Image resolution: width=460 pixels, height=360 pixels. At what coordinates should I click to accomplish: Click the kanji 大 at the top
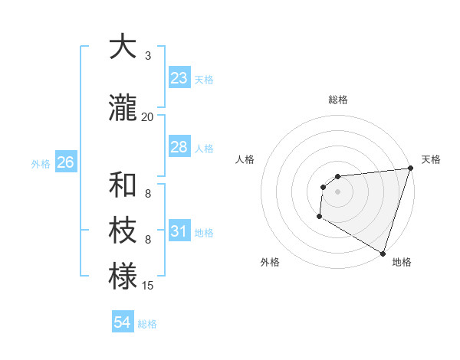point(123,47)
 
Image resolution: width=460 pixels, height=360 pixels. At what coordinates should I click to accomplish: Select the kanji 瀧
point(123,109)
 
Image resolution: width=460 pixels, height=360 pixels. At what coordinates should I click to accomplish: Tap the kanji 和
point(123,185)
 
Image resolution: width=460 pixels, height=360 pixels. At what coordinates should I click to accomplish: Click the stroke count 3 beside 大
point(147,56)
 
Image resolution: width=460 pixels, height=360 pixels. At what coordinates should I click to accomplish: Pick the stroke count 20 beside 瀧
point(147,117)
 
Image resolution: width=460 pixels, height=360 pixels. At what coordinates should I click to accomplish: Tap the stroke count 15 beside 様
point(148,286)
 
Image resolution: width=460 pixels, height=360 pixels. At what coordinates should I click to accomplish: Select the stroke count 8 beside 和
point(147,194)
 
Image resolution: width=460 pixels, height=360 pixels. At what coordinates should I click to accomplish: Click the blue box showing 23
point(179,78)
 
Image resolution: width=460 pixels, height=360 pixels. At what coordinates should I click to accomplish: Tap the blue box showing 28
point(179,147)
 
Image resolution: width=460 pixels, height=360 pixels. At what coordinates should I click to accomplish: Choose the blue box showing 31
point(179,231)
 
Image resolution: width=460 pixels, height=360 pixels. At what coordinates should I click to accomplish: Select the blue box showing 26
point(65,162)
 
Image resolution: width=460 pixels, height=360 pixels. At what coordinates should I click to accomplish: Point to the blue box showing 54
point(122,323)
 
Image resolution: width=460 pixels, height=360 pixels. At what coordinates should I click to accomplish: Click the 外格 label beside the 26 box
point(40,163)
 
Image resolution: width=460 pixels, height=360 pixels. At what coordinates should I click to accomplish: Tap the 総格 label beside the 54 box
point(147,324)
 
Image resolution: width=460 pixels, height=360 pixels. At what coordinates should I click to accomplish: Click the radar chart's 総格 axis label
point(337,100)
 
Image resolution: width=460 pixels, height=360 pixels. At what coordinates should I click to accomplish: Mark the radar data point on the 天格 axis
point(410,169)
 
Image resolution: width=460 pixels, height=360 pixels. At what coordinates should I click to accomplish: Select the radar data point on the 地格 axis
point(383,254)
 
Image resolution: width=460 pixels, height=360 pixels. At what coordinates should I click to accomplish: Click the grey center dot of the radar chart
point(337,191)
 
